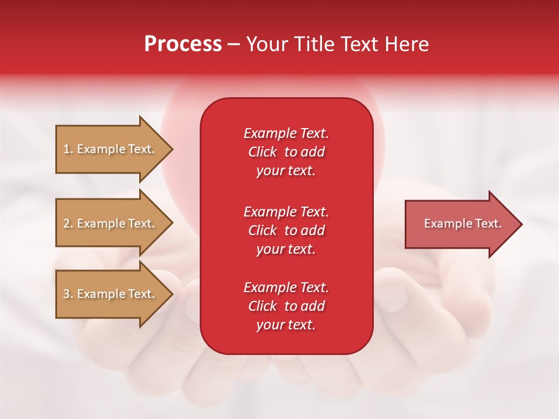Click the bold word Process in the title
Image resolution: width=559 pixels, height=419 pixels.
[x=183, y=44]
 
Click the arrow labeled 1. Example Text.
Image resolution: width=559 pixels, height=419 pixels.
[x=111, y=149]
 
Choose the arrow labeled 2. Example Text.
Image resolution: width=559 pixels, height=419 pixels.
[x=111, y=223]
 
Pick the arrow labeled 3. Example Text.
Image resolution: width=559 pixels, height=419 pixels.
[x=111, y=294]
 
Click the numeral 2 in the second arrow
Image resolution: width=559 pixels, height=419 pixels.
[x=66, y=223]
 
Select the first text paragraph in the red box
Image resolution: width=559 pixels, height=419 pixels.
[x=286, y=152]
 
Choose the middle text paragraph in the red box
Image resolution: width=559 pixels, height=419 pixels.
[x=286, y=230]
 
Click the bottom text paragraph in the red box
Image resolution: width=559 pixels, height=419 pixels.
[x=286, y=306]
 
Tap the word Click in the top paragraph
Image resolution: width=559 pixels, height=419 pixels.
[x=262, y=152]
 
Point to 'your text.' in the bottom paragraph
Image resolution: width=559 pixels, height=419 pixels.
[x=286, y=325]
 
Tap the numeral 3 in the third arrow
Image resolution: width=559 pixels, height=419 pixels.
[x=66, y=294]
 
